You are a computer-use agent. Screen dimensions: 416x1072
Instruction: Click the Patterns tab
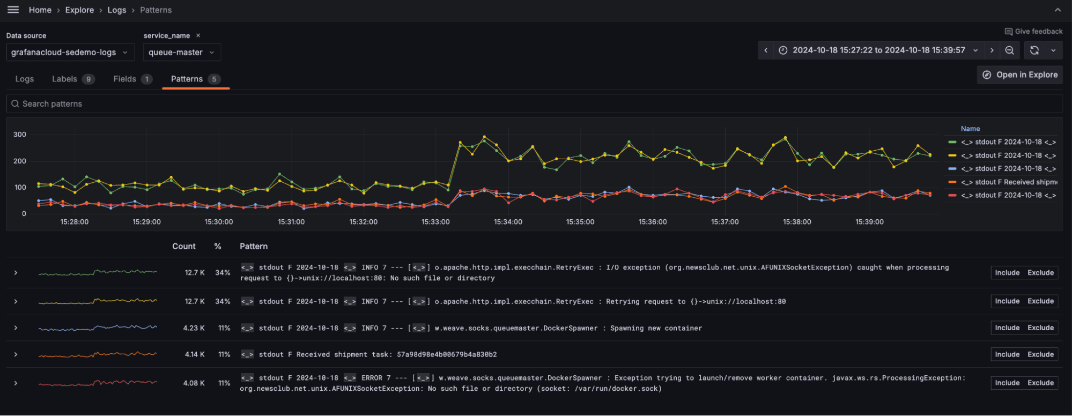187,79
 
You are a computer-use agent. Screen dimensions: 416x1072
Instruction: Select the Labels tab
65,79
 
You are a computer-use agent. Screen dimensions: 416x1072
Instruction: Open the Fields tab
125,79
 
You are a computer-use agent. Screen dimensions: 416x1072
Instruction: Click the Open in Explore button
1020,75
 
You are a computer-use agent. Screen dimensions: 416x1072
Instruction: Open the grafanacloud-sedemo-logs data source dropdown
70,53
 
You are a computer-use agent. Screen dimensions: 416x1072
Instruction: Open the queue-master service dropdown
181,53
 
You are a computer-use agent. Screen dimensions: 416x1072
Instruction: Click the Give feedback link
1034,32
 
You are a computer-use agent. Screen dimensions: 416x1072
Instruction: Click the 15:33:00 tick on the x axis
435,222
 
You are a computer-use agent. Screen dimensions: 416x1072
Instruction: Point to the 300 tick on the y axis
20,135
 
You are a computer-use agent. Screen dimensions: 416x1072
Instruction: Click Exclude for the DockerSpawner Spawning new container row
1040,328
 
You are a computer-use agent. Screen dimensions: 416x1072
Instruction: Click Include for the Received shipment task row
1007,354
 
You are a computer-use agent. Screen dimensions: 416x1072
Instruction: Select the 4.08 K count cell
194,383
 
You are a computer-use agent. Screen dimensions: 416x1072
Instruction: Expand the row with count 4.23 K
16,328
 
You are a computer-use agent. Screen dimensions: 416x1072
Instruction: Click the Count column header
183,247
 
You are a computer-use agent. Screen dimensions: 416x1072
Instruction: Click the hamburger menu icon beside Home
13,10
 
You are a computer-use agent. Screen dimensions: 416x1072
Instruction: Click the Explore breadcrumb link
79,10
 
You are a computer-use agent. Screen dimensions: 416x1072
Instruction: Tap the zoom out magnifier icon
1009,50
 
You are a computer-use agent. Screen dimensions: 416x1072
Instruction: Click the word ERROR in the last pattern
372,378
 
